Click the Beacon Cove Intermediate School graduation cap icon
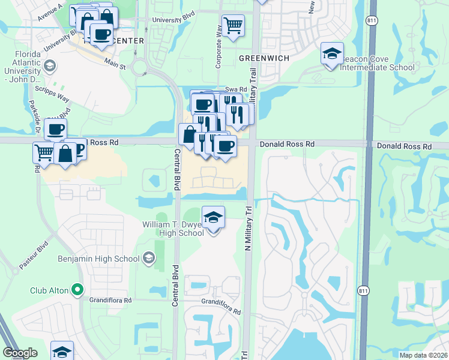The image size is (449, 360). tap(332, 53)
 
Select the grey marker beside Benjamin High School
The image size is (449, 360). tap(149, 259)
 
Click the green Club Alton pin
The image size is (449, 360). tap(77, 290)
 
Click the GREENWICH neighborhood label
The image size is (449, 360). tap(264, 58)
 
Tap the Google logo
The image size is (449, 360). tap(20, 353)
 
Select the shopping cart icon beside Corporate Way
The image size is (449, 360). tap(233, 25)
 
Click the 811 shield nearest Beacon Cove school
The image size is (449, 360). tap(372, 20)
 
